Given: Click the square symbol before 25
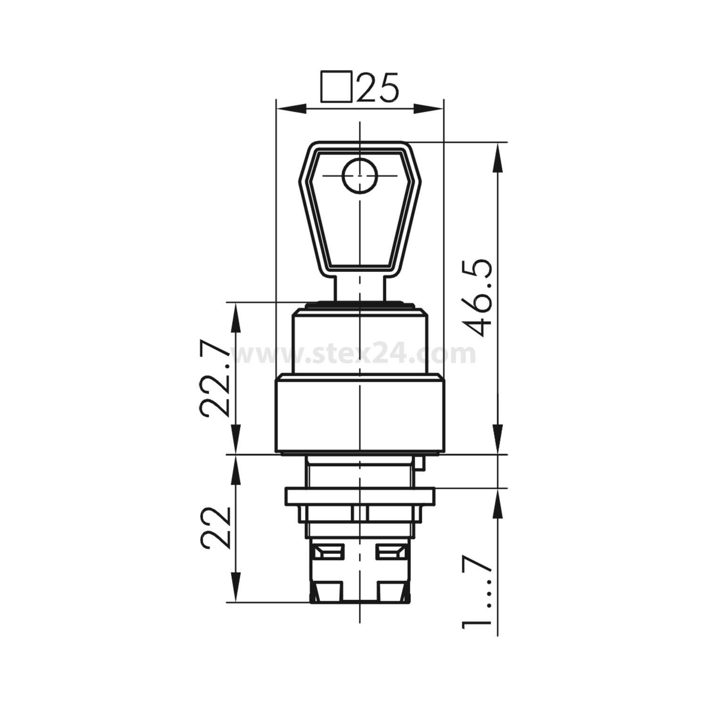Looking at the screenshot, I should [x=337, y=87].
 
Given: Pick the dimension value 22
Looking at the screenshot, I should [x=215, y=528].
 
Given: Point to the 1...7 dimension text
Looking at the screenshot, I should [x=476, y=592].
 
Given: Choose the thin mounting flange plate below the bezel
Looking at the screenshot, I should [x=360, y=496].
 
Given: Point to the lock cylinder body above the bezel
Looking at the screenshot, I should [x=360, y=339].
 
